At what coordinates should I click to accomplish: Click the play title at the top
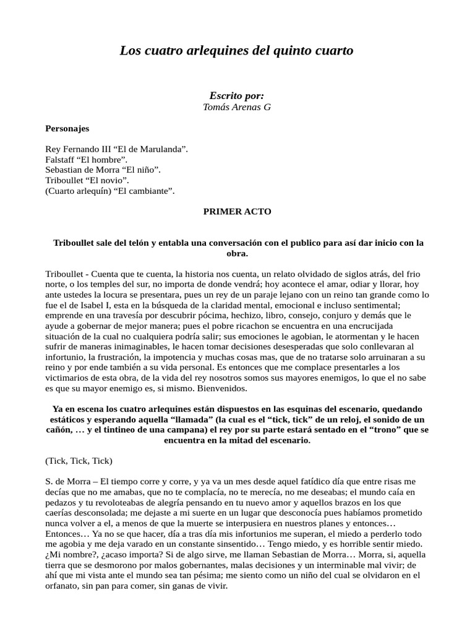click(x=237, y=51)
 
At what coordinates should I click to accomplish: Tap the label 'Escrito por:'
click(x=237, y=95)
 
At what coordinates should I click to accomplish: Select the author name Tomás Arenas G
click(x=237, y=107)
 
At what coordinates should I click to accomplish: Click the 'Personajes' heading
click(x=67, y=129)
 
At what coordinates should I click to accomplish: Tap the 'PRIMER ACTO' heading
click(x=237, y=211)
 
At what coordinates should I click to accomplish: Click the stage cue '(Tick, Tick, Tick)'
click(x=79, y=461)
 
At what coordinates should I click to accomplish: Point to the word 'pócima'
click(x=195, y=315)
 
